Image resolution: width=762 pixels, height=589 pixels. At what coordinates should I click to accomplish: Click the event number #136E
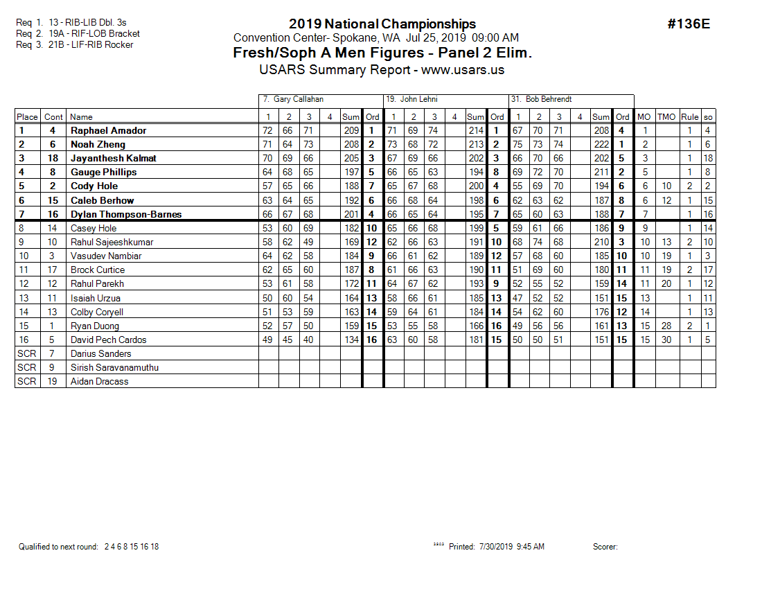click(x=689, y=24)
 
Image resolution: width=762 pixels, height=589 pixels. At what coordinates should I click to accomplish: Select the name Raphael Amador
click(x=108, y=130)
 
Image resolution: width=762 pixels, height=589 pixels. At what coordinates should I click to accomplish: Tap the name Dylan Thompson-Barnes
click(x=126, y=214)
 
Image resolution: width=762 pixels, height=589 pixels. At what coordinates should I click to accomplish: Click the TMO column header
click(x=666, y=117)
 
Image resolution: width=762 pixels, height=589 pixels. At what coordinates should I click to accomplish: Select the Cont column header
click(x=53, y=117)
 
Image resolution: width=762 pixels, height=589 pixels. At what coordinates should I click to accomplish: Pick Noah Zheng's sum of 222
click(x=601, y=144)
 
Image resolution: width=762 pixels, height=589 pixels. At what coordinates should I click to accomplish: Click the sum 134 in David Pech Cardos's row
click(x=352, y=340)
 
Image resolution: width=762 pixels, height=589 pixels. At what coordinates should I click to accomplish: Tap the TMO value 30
click(x=666, y=340)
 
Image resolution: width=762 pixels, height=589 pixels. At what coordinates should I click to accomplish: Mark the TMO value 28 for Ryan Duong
click(x=666, y=326)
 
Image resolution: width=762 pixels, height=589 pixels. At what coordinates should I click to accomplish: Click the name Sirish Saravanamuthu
click(x=114, y=367)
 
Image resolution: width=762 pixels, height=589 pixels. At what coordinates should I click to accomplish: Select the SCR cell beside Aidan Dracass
click(x=26, y=381)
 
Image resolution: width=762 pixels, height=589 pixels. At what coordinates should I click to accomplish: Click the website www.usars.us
click(x=463, y=69)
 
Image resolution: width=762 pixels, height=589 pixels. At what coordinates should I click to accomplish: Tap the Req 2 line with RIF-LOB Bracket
click(x=78, y=33)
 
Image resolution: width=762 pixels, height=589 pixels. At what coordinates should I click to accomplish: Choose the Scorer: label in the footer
click(x=605, y=547)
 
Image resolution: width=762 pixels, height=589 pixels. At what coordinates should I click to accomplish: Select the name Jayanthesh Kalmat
click(x=114, y=158)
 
